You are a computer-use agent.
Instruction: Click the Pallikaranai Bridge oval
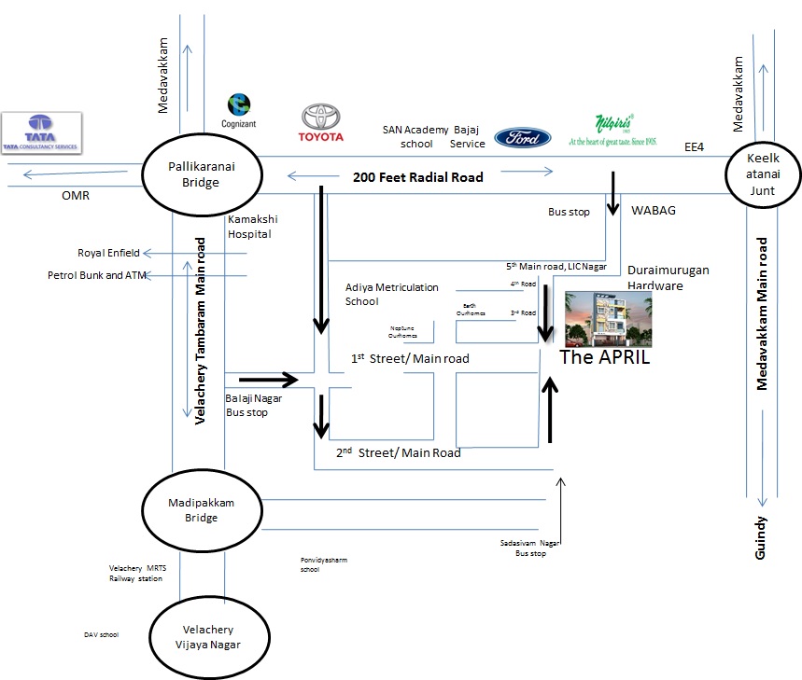point(201,174)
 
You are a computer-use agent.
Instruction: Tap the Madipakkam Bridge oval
point(201,509)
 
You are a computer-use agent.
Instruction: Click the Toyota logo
point(321,123)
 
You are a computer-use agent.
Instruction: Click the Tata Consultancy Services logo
point(42,132)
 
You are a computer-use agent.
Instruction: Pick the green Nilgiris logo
point(613,129)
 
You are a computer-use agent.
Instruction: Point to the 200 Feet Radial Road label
point(417,176)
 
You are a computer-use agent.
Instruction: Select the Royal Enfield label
point(109,253)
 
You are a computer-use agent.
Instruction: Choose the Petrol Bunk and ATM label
point(97,275)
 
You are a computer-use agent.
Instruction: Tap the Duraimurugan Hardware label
point(668,277)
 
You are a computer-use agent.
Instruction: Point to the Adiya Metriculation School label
point(391,294)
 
